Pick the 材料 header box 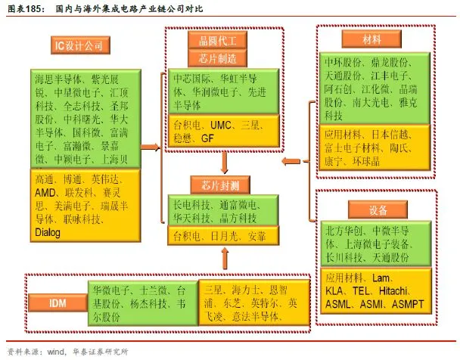pos(372,38)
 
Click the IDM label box pos(57,303)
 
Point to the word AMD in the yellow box pos(48,193)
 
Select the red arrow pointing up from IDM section pos(225,259)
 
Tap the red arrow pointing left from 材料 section pos(289,161)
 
